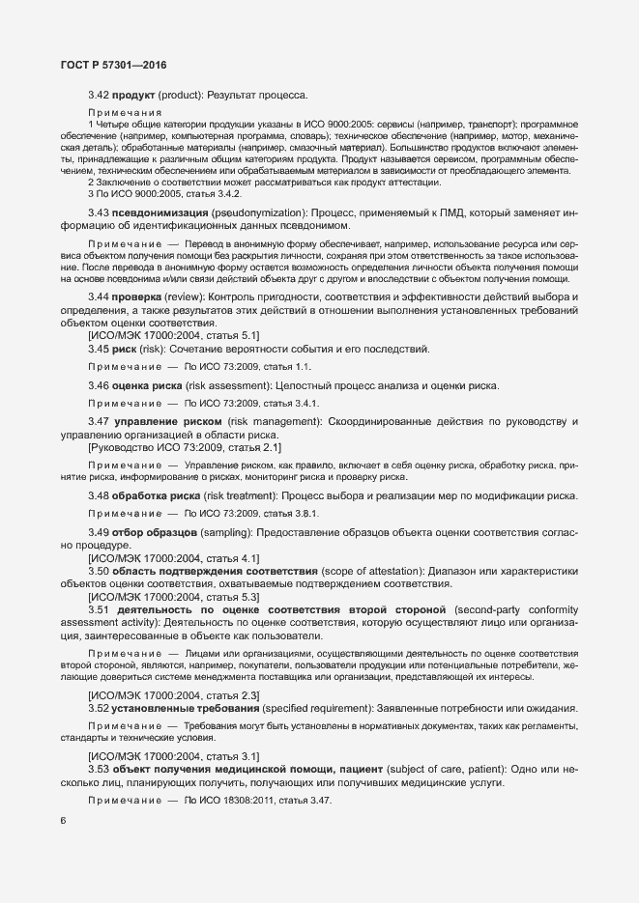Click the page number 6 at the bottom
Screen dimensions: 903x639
click(x=63, y=821)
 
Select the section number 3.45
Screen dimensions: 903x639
click(x=99, y=348)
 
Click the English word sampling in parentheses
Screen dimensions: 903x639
click(x=229, y=533)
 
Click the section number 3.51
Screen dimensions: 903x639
click(x=99, y=610)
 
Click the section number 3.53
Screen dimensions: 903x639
click(x=99, y=768)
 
